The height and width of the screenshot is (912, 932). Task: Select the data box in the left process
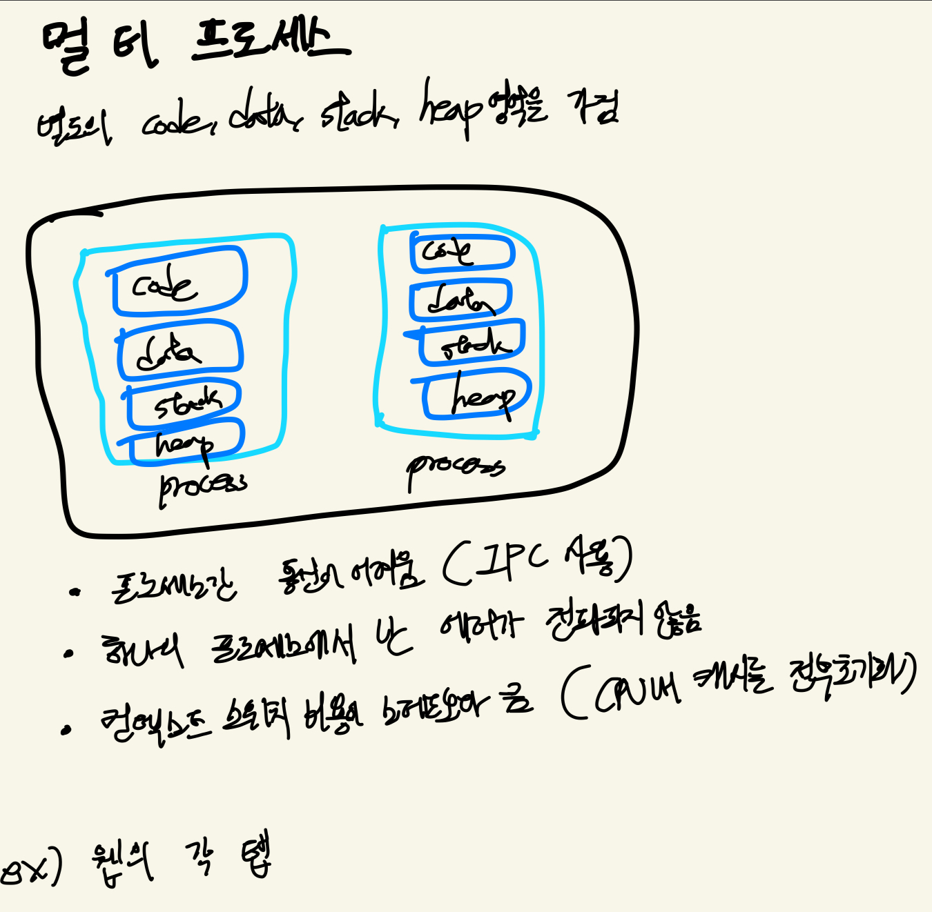(x=179, y=351)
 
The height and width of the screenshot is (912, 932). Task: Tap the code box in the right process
(x=462, y=252)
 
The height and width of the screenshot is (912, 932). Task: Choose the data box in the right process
(x=460, y=299)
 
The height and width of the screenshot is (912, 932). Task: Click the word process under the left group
(x=202, y=486)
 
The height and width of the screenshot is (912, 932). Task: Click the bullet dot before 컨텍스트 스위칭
(x=66, y=730)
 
